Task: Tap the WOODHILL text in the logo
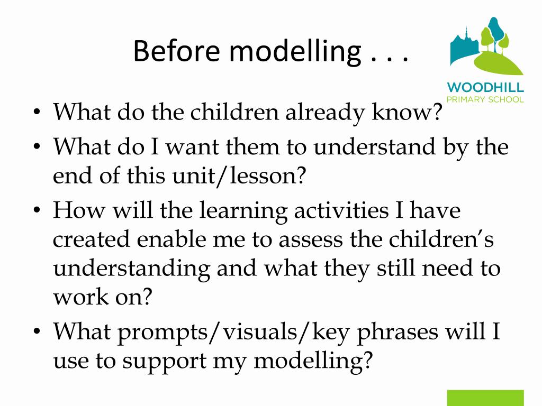485,87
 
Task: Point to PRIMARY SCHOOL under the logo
485,99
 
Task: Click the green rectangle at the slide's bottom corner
485,398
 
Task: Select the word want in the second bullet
194,147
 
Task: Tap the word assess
312,240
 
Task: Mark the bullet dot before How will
37,211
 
